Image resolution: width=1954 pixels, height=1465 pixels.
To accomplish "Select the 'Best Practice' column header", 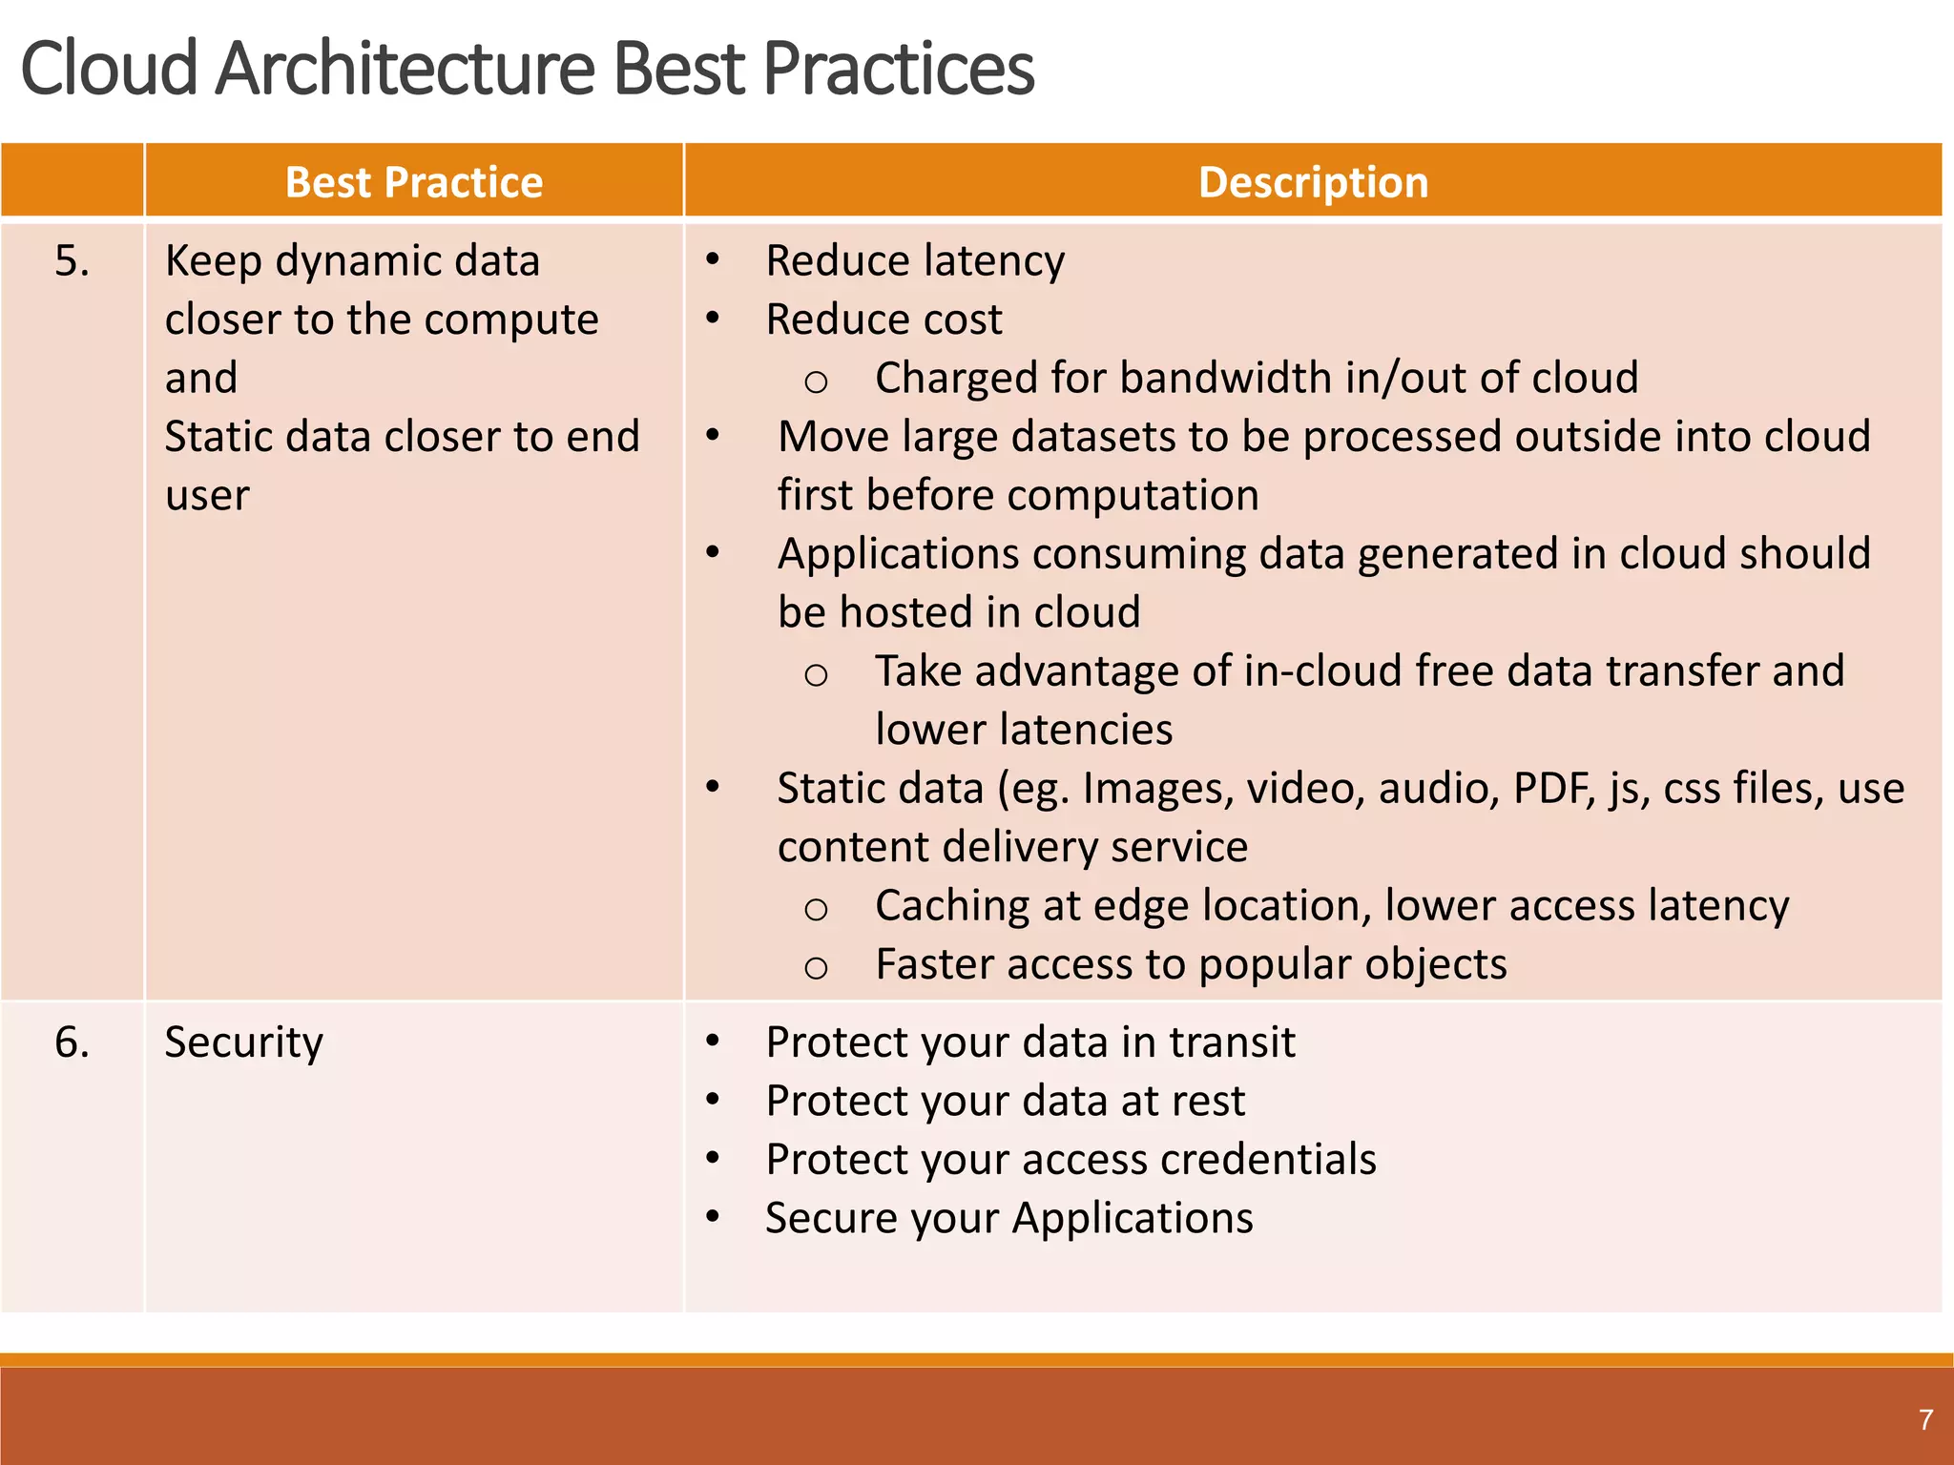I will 413,182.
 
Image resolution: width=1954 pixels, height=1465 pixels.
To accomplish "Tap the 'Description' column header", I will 1313,182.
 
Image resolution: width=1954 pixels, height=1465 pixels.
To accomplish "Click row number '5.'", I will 72,261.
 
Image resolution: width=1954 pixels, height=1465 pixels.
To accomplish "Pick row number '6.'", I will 72,1042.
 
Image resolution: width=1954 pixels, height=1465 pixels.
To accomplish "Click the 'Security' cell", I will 243,1042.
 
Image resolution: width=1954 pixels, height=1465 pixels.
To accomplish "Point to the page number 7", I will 1925,1419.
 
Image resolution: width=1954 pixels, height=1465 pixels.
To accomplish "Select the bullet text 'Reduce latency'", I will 914,261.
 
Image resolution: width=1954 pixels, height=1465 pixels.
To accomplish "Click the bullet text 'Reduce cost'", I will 883,320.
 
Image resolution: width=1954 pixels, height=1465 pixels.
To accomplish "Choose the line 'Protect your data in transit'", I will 1029,1042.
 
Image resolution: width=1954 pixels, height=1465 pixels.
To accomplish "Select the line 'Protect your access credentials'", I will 1071,1160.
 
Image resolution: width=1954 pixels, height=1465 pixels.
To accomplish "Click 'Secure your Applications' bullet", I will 1008,1218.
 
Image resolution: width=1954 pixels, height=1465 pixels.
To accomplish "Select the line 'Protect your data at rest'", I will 1005,1101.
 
